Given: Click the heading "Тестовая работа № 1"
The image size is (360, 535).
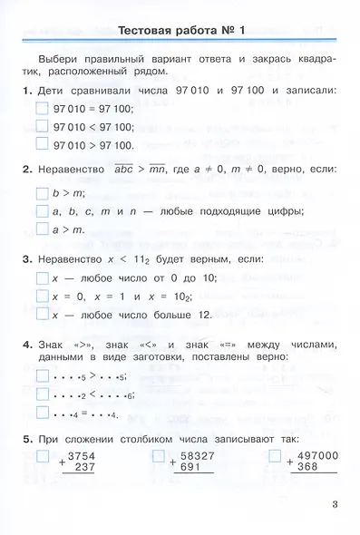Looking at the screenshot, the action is (x=188, y=32).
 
